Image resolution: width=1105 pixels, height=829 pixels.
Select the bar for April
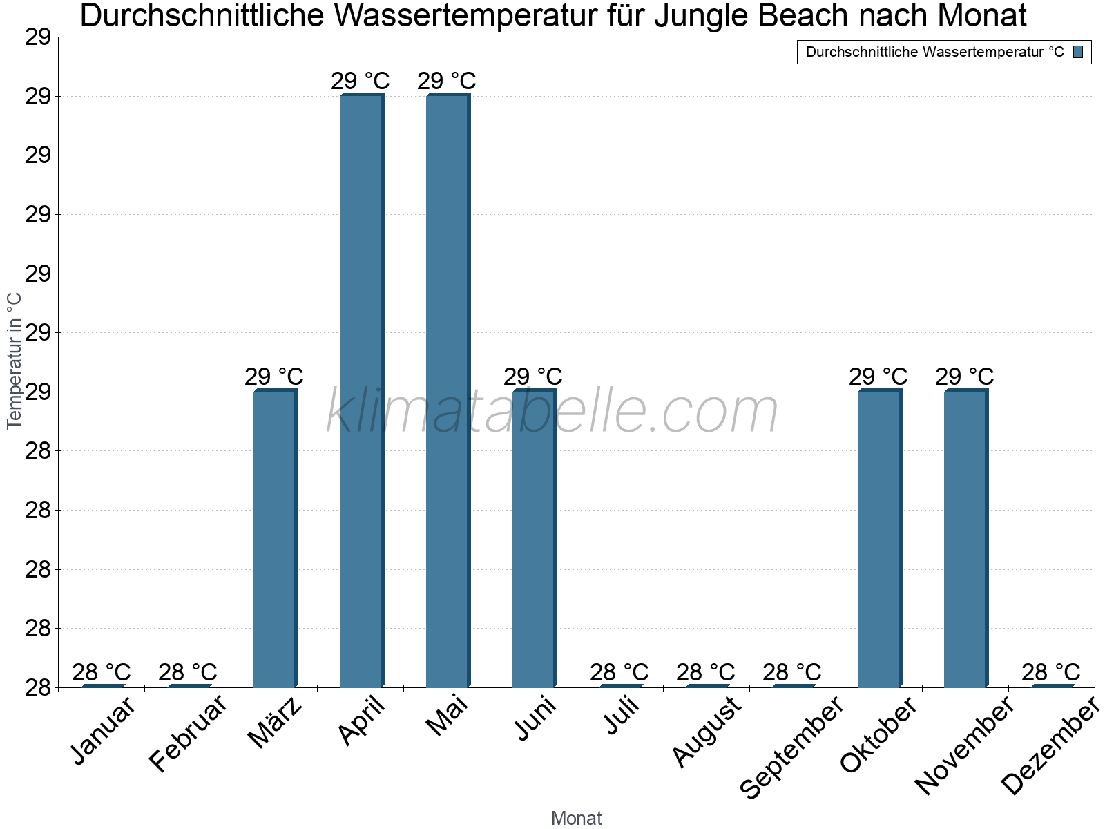(x=361, y=390)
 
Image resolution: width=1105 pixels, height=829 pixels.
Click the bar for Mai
(x=447, y=390)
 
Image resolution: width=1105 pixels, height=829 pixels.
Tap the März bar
(x=274, y=539)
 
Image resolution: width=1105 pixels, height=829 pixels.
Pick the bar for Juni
(x=533, y=539)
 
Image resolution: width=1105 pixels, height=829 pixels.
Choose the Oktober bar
(x=878, y=539)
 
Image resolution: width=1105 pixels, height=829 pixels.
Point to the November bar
(x=965, y=539)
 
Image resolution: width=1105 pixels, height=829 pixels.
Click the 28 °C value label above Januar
(x=102, y=671)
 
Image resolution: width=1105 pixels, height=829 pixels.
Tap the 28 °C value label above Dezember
(x=1050, y=671)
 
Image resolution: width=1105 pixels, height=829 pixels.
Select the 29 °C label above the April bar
(x=361, y=81)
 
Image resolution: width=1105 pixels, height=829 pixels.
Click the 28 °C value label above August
(x=705, y=671)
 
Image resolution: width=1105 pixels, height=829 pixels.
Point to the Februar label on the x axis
(x=188, y=734)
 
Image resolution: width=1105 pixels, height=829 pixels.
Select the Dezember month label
(x=1050, y=746)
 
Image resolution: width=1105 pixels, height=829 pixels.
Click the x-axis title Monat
(x=576, y=818)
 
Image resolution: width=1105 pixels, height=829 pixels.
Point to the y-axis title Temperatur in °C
(x=15, y=361)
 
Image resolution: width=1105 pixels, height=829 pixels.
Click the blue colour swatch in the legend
(x=1078, y=52)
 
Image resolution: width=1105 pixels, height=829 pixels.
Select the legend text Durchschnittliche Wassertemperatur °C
(x=934, y=52)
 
